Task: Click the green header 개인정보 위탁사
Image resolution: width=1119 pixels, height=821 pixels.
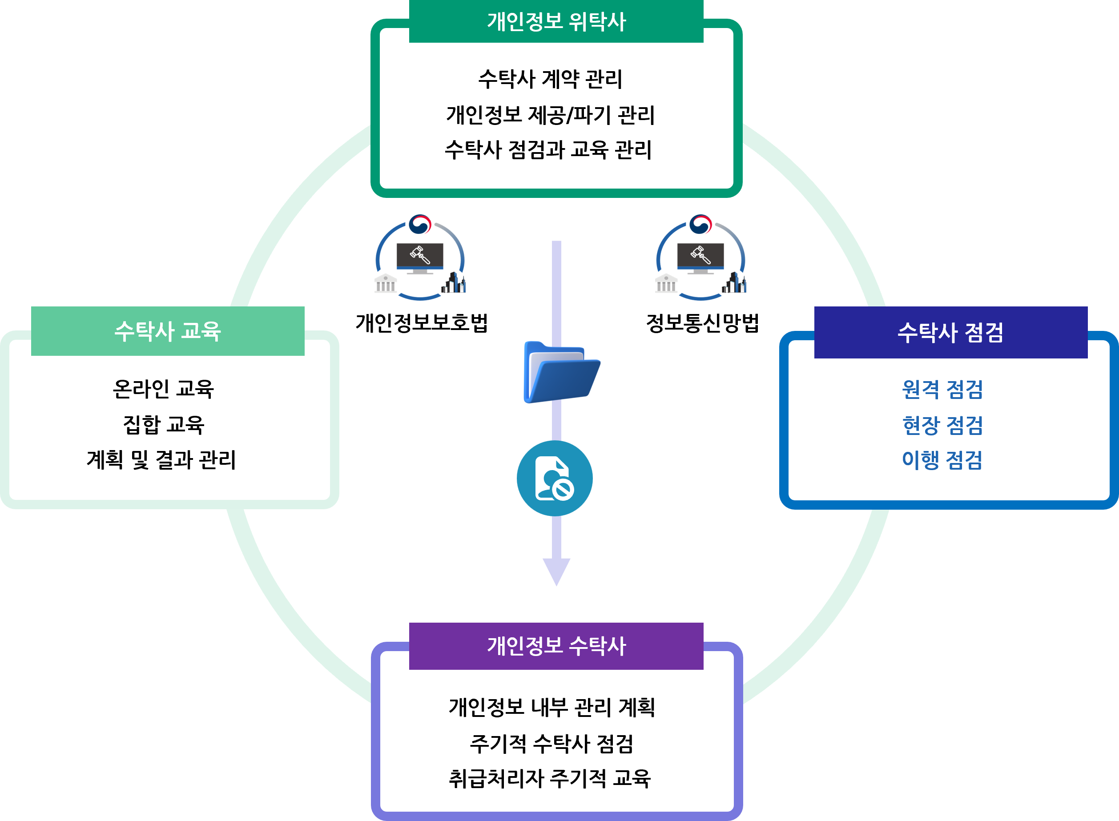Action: click(x=556, y=21)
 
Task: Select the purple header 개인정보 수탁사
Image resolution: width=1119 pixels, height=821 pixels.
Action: click(x=556, y=646)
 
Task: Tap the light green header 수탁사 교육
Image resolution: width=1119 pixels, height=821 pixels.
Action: click(x=168, y=331)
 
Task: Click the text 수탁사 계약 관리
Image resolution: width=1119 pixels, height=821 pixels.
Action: click(x=550, y=80)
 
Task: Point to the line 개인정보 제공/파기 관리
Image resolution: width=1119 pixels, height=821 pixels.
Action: click(x=551, y=115)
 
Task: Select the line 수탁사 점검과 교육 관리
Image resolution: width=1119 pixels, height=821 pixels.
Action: click(x=548, y=149)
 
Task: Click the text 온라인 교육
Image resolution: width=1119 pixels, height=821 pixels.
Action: click(x=164, y=389)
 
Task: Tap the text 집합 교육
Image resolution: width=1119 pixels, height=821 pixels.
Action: click(x=164, y=424)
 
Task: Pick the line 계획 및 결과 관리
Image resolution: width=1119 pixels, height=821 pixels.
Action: click(x=161, y=460)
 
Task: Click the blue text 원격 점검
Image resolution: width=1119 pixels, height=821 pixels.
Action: click(x=942, y=389)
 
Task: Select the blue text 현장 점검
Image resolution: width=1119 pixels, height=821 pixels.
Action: click(x=942, y=425)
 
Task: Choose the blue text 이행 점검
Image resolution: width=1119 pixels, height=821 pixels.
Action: click(x=942, y=460)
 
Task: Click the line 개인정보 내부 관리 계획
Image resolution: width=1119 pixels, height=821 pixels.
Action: click(x=551, y=707)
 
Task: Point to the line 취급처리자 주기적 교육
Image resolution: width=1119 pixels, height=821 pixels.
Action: click(x=550, y=778)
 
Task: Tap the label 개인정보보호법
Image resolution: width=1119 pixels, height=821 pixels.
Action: click(x=421, y=322)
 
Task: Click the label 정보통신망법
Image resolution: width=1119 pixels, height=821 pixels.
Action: click(x=702, y=322)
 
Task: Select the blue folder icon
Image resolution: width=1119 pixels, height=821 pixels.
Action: click(x=561, y=372)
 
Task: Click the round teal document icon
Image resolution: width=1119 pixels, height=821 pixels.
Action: click(x=555, y=478)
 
